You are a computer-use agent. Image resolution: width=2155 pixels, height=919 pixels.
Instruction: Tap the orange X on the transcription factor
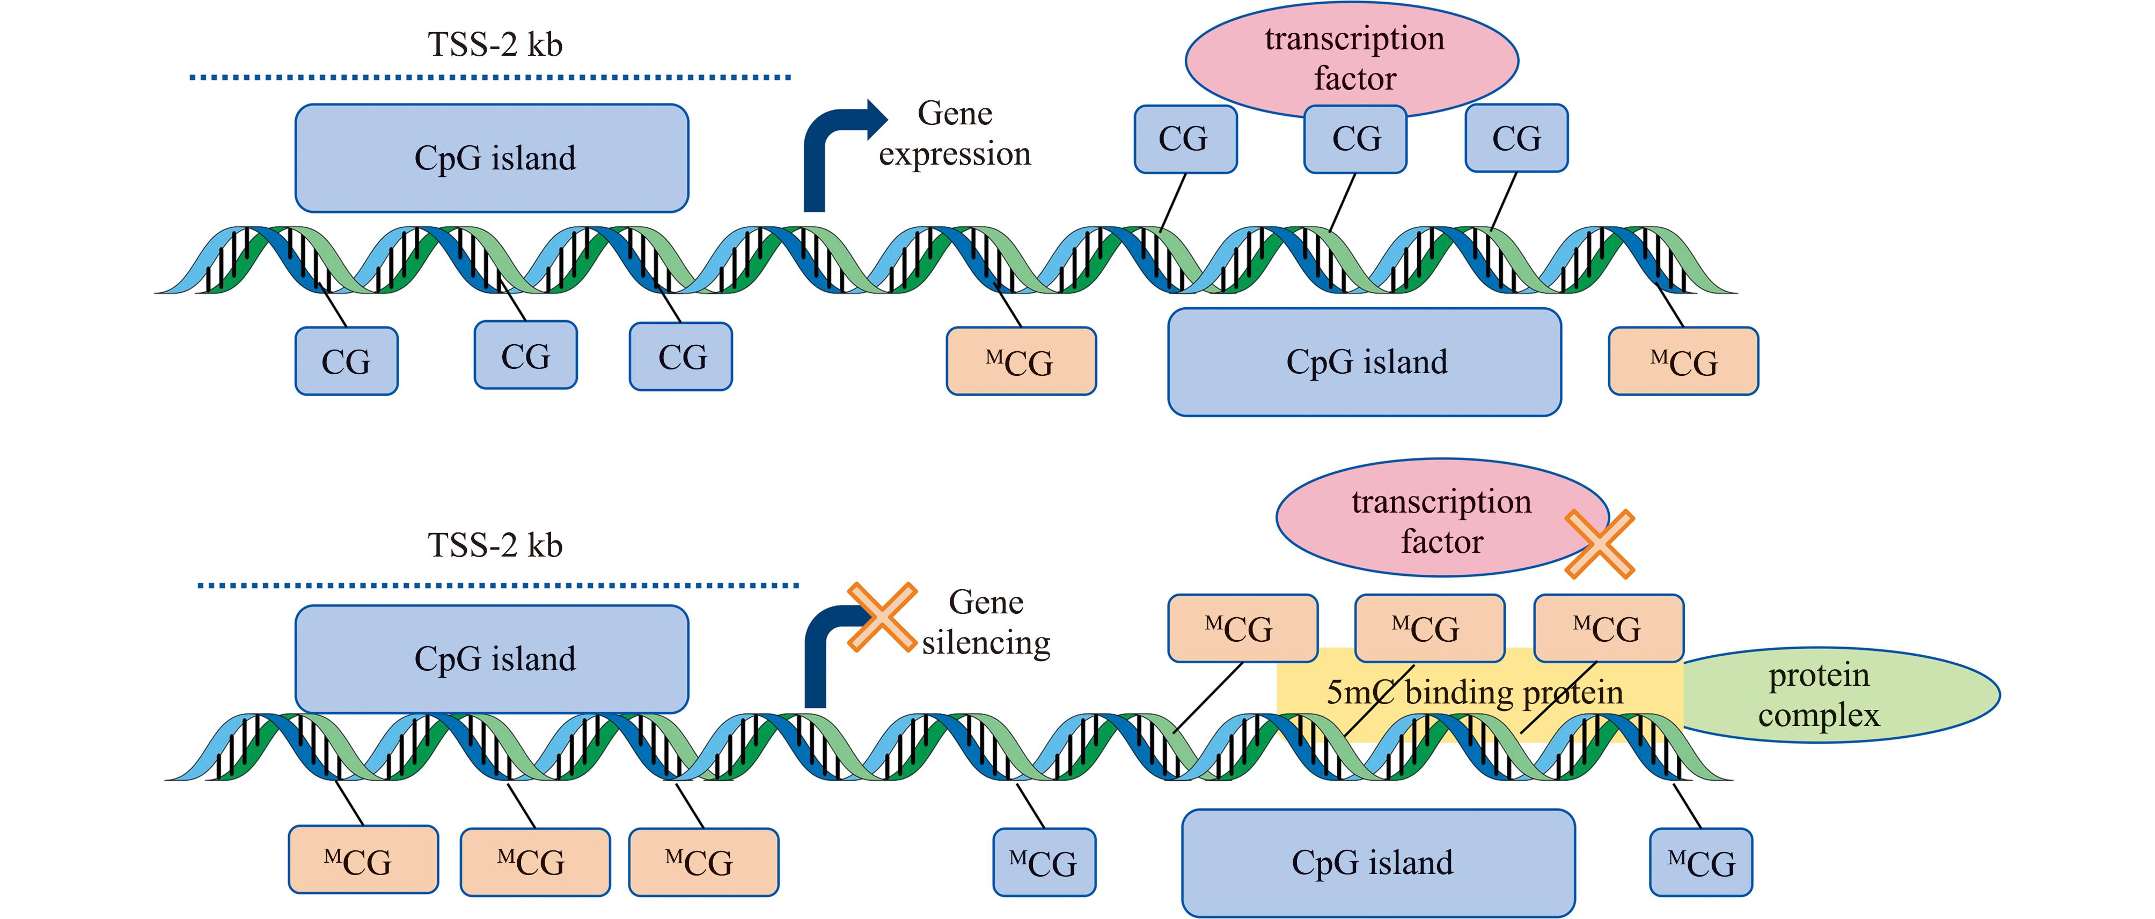(1599, 544)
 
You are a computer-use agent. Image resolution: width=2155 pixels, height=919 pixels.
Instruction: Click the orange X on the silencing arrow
(882, 617)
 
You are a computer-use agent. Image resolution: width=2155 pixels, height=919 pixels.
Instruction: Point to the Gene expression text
(955, 134)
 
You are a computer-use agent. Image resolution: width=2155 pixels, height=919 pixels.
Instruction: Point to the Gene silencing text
(986, 623)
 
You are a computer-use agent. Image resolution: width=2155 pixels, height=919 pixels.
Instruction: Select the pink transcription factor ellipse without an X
(1352, 58)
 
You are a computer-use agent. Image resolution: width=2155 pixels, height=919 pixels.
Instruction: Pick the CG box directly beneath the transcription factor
(1355, 139)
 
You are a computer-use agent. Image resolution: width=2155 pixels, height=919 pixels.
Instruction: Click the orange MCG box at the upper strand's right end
(1683, 361)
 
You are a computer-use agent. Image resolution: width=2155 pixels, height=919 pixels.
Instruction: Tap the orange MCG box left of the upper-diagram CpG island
(1021, 361)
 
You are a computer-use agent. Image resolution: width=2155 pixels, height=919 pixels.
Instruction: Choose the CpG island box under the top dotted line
(492, 158)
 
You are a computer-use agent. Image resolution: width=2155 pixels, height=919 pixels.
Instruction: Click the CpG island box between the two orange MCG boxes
(1365, 362)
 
